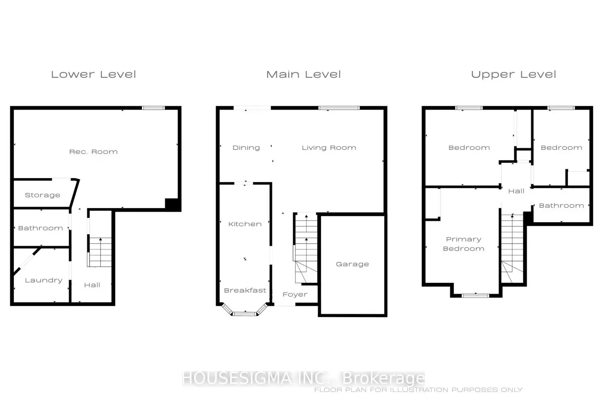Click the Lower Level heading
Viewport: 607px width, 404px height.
coord(93,74)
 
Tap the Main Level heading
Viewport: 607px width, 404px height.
coord(303,74)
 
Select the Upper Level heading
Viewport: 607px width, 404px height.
coord(514,74)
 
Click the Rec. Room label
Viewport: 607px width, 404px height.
coord(93,152)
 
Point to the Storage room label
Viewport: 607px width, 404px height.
coord(42,196)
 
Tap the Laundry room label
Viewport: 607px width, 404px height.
coord(44,280)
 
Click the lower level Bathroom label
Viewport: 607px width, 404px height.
coord(40,228)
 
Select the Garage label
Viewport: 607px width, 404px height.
coord(352,264)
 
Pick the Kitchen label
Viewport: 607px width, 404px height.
coord(245,224)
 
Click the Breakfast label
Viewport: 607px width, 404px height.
coord(245,290)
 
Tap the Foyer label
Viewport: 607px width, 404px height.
coord(295,295)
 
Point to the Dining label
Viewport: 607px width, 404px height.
coord(246,148)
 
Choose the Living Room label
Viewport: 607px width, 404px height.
coord(329,148)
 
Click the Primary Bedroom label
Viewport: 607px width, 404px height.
coord(464,244)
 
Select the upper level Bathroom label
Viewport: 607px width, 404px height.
coord(561,206)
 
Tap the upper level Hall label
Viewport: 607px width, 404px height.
coord(516,191)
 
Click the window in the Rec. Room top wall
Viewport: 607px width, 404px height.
coord(153,108)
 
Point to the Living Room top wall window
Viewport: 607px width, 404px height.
coord(339,108)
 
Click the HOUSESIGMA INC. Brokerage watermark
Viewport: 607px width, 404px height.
coord(303,378)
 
